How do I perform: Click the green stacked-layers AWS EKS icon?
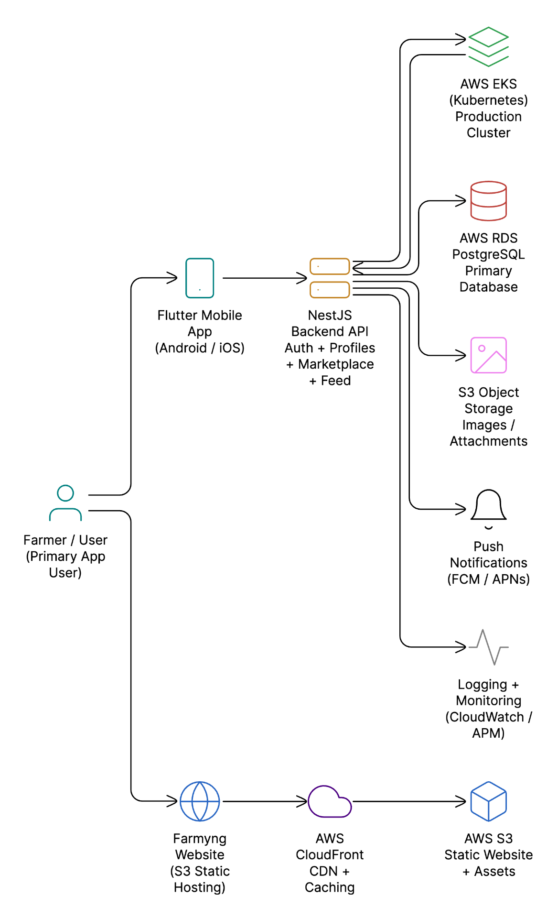(488, 47)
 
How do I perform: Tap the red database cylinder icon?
(488, 201)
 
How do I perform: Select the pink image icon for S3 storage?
(488, 355)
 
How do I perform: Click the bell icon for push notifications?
(488, 507)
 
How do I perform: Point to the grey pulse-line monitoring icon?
(488, 647)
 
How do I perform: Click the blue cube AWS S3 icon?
(488, 801)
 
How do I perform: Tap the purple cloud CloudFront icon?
(330, 802)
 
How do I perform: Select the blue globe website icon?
(200, 801)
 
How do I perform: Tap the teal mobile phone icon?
(200, 278)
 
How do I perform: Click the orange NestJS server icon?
(330, 278)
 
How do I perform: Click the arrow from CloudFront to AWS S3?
(408, 801)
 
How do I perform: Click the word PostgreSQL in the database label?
(488, 254)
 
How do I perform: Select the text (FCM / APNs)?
(488, 579)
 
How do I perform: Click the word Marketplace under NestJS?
(336, 364)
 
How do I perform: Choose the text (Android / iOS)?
(200, 348)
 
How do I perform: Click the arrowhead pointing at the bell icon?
(461, 509)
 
